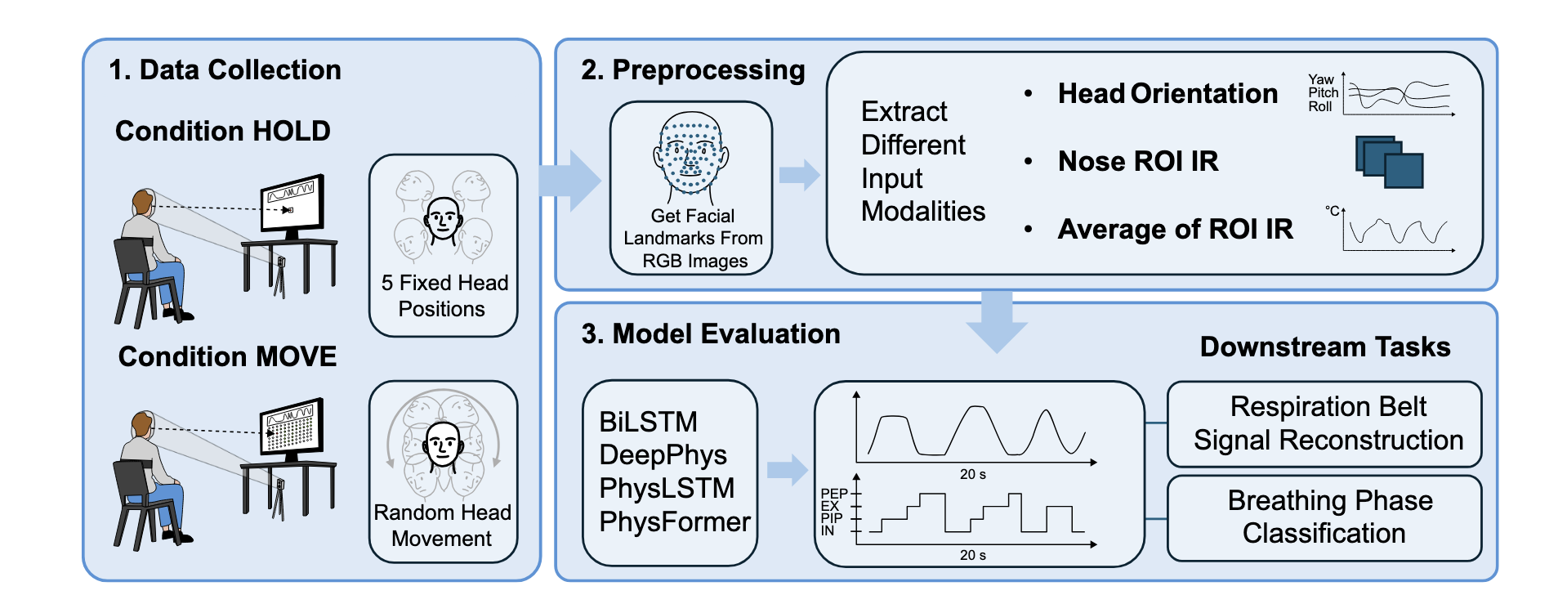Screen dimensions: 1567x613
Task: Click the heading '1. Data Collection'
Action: [225, 70]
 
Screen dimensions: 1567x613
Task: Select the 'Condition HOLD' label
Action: [223, 131]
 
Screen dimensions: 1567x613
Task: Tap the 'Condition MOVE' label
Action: [227, 356]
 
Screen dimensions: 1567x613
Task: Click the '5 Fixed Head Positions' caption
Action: [444, 296]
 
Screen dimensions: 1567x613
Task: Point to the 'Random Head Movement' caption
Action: [443, 526]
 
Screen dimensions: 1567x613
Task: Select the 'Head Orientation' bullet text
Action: [1167, 94]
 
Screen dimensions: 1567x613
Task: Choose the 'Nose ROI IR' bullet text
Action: [1138, 161]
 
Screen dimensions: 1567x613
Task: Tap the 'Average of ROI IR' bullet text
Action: [1176, 230]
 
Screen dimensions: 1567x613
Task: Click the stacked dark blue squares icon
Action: [1389, 161]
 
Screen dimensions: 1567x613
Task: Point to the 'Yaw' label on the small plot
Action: [1320, 79]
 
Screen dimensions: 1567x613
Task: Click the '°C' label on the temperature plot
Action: [1332, 211]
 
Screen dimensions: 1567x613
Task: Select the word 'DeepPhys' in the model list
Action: [663, 455]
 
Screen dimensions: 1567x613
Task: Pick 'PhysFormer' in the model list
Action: [675, 521]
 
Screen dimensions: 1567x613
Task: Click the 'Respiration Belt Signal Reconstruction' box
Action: [1324, 423]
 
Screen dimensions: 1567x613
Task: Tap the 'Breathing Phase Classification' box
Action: [1324, 517]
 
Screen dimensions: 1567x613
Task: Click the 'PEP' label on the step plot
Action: [834, 494]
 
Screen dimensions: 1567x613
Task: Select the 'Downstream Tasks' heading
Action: [1325, 347]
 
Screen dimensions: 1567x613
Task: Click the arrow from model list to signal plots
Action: [788, 470]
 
